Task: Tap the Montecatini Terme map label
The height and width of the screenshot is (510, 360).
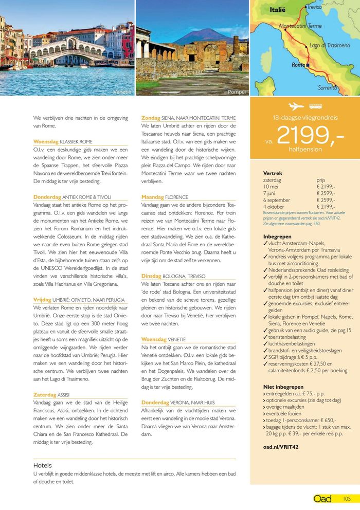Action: (x=300, y=26)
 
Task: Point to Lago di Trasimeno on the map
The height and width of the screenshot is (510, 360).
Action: (x=329, y=46)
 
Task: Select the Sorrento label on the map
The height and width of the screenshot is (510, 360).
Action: (x=328, y=87)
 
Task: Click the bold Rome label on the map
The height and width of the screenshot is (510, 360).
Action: (x=298, y=65)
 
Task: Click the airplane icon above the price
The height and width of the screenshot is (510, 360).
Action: (x=296, y=106)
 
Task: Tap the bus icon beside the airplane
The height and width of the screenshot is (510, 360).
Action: (x=315, y=106)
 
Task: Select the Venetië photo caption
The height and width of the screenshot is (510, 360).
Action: (x=122, y=92)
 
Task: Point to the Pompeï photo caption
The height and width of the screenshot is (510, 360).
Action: (x=237, y=92)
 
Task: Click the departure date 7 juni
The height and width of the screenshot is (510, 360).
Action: (x=271, y=193)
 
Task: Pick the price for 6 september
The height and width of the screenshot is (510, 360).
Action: (x=326, y=200)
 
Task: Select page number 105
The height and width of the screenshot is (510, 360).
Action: (x=347, y=499)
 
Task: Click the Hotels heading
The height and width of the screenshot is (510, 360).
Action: (x=43, y=465)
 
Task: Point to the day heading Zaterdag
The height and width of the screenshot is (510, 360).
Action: (x=44, y=395)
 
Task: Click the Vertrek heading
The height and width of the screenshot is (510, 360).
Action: (x=273, y=173)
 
